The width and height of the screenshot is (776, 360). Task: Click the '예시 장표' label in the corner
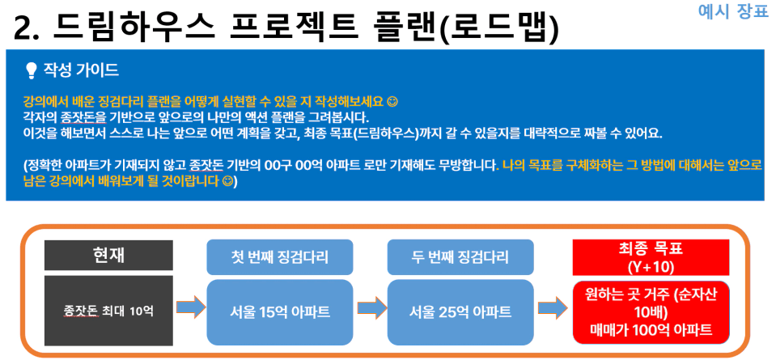733,11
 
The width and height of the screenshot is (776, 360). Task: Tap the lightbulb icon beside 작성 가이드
32,71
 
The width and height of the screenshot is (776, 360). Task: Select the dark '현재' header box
108,255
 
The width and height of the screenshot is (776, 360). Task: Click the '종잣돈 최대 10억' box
108,311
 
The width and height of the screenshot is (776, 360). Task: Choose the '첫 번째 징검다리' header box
280,257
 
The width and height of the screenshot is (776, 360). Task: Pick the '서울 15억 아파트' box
280,312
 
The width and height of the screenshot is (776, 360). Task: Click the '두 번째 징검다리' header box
460,257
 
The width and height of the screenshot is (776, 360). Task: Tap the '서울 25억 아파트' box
460,312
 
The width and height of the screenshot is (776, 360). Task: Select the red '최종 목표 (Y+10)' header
651,257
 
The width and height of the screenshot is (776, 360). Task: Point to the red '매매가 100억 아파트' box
651,312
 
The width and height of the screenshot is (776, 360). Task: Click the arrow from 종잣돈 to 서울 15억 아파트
190,308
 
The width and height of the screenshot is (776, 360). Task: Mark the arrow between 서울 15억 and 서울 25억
371,308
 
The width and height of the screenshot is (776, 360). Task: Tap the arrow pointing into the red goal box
553,308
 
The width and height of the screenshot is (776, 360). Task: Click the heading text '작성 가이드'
81,70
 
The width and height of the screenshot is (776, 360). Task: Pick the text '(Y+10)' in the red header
651,266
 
